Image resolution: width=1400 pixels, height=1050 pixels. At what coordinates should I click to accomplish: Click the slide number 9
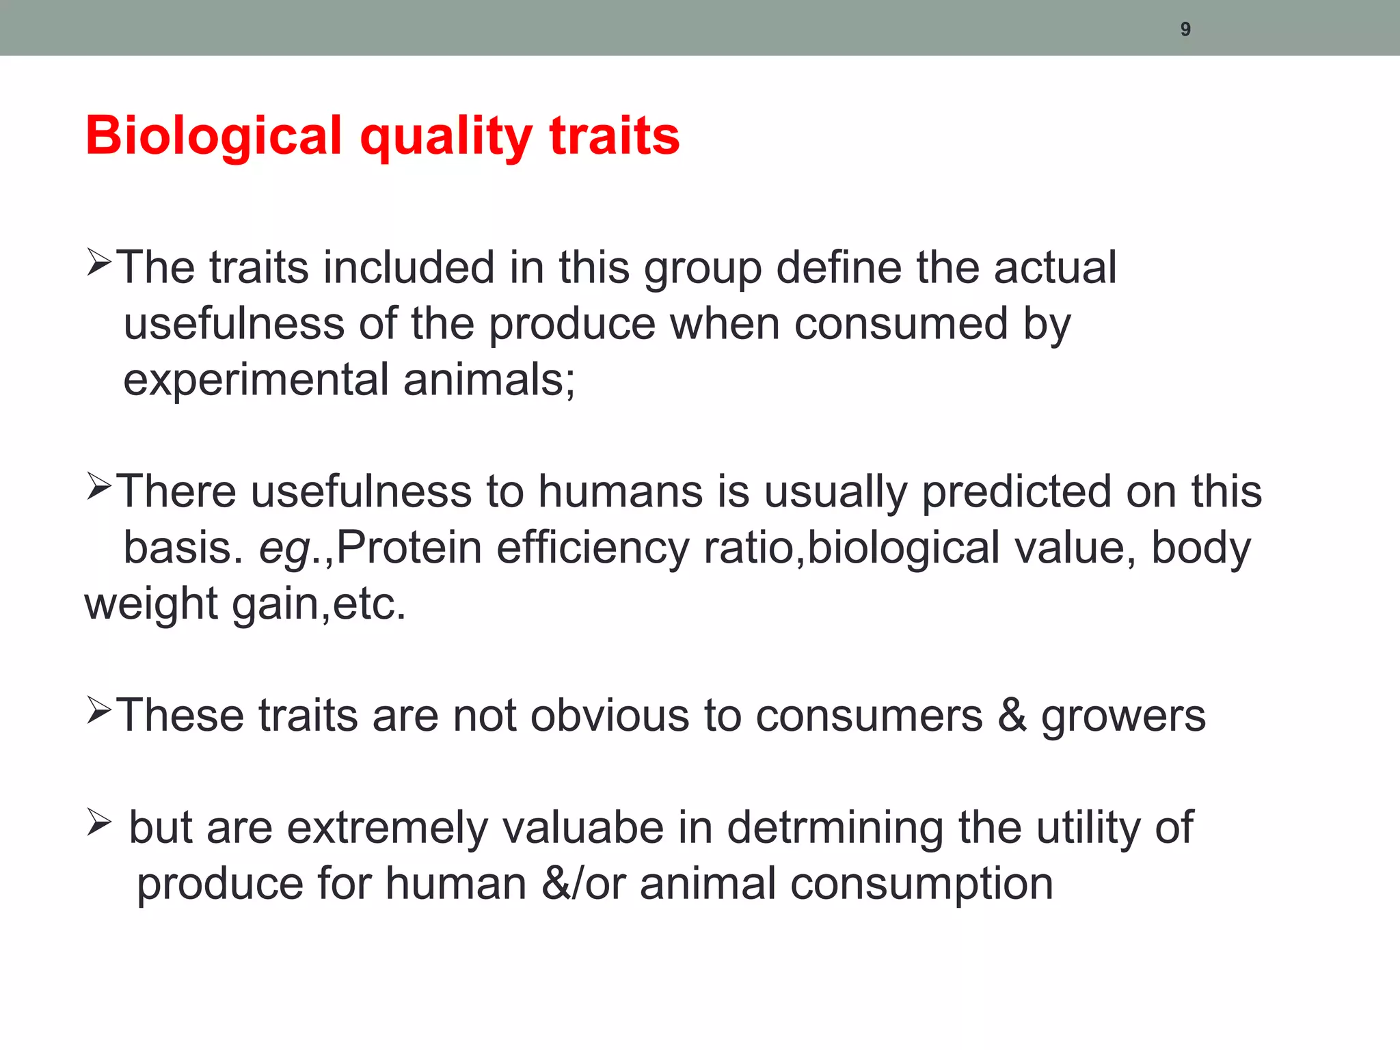(1185, 29)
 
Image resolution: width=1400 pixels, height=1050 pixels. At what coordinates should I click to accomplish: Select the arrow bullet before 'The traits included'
(99, 263)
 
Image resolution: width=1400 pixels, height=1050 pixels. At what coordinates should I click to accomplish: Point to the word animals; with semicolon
(489, 380)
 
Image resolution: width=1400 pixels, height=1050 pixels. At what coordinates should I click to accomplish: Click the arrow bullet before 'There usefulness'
(99, 487)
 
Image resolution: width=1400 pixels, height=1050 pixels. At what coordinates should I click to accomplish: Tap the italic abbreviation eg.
(284, 549)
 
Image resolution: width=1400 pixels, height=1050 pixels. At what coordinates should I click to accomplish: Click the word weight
(151, 605)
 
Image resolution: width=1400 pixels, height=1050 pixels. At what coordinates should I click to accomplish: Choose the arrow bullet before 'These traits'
(99, 711)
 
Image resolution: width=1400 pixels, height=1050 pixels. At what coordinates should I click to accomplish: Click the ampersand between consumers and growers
(1012, 716)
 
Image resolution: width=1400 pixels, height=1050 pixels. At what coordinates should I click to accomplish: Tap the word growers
(1123, 717)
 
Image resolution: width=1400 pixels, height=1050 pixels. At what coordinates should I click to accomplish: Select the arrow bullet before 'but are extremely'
(99, 822)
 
